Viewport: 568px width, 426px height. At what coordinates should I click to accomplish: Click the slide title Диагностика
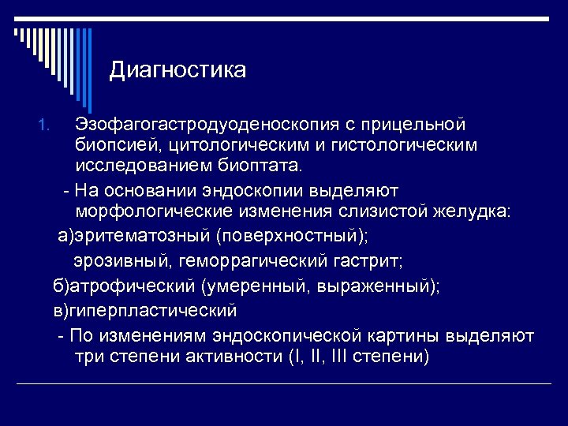pyautogui.click(x=177, y=71)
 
